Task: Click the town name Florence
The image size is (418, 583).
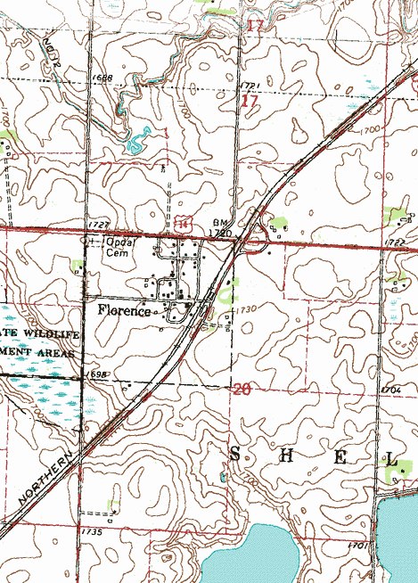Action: (124, 312)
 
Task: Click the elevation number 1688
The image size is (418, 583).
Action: (101, 78)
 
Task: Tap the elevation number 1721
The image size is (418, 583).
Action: (249, 84)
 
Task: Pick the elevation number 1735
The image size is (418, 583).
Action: (91, 531)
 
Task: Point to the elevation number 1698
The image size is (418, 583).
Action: (98, 375)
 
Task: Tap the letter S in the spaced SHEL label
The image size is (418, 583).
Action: (235, 455)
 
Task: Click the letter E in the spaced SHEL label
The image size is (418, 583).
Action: (340, 456)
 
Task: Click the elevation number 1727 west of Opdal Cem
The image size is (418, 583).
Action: (98, 223)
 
